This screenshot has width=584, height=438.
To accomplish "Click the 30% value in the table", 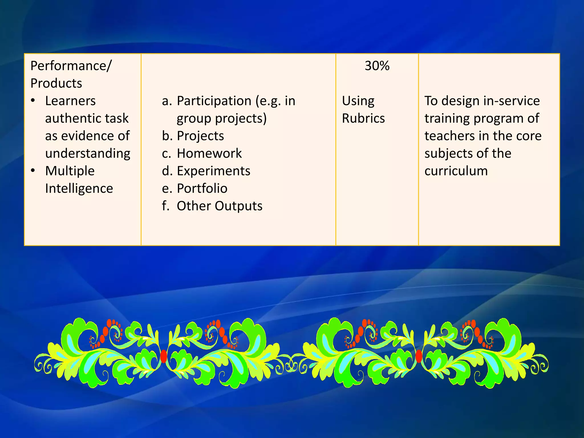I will coord(377,66).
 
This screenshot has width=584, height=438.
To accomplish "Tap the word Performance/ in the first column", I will coord(71,66).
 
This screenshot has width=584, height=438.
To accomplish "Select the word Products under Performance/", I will coord(56,83).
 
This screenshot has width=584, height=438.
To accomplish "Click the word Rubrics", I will coord(363,118).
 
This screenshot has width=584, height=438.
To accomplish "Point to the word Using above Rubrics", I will coord(358,101).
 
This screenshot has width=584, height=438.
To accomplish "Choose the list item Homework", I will coord(209,153).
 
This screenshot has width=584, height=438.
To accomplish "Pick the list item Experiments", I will coord(214,171).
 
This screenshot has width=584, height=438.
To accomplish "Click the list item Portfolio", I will coord(202,188).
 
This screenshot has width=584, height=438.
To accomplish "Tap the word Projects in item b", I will coord(200,136).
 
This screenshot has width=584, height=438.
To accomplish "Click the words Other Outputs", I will coord(219,206).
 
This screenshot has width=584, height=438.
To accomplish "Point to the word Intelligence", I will coord(79,188).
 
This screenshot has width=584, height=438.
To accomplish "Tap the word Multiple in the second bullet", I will coord(70,171).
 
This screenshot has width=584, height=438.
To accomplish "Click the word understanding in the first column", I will coord(88,154).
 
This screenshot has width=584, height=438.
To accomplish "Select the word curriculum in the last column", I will coord(456,171).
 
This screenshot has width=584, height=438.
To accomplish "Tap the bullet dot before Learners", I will coord(33,100).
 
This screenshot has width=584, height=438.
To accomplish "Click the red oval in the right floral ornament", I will coord(419,356).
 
